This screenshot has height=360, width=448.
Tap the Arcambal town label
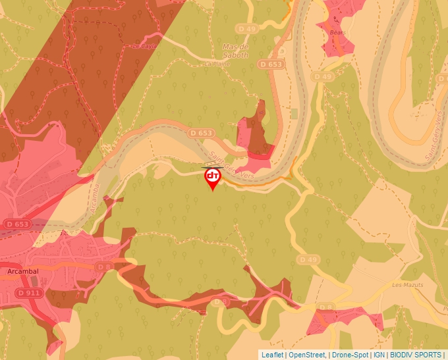pos(24,270)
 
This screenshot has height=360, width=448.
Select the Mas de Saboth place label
pos(236,51)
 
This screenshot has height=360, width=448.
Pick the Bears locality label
pos(337,31)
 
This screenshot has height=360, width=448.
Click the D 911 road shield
pos(29,292)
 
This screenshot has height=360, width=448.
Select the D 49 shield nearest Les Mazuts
pos(307,259)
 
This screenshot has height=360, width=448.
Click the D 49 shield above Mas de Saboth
pos(247,29)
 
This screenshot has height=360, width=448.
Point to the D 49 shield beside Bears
pos(323,77)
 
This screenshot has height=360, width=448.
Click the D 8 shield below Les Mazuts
pos(325,307)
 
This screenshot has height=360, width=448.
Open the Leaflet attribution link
pos(272,355)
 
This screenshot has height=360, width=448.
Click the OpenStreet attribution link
pos(306,355)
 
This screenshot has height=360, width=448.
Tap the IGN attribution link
pos(379,355)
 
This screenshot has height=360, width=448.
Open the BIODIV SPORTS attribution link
pos(416,355)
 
